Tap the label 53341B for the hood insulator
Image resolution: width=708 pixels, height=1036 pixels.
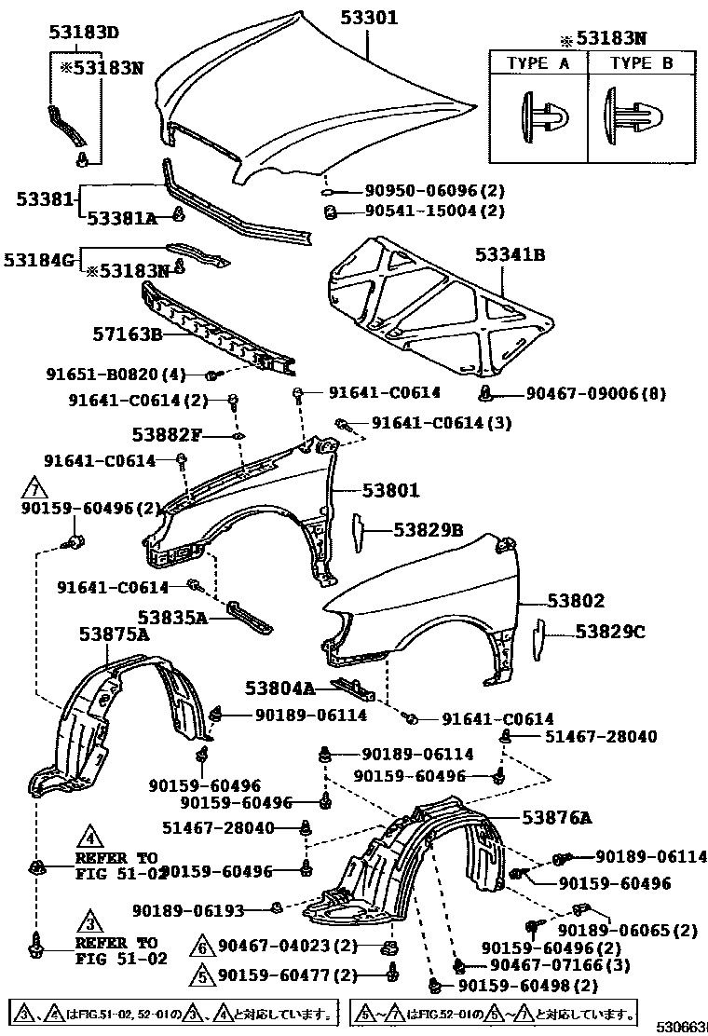510,253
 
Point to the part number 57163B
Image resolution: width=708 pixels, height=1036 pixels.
128,334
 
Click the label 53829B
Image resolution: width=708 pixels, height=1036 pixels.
428,529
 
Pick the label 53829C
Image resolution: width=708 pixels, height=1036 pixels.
609,632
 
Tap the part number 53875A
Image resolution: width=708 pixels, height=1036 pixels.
115,634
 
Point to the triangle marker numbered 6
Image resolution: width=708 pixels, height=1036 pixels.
204,947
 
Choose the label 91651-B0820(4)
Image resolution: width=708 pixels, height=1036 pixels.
116,375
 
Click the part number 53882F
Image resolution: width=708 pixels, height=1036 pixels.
167,434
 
